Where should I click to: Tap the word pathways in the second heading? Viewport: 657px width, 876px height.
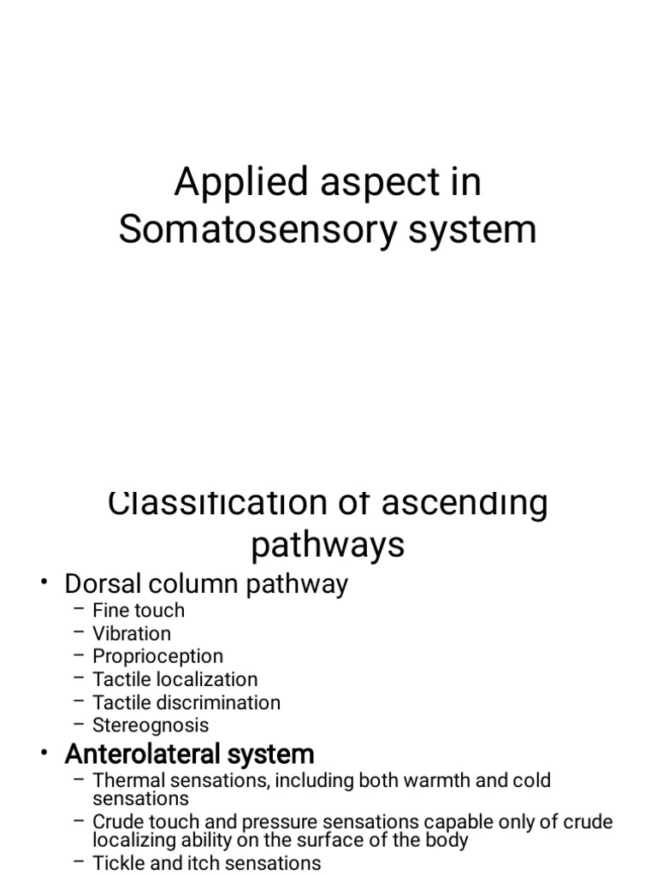[328, 545]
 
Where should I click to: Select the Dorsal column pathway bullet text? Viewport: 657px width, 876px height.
[206, 584]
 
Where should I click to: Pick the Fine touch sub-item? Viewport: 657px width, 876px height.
[139, 611]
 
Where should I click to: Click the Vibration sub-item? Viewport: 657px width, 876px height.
[132, 634]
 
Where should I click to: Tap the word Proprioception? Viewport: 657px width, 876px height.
[158, 657]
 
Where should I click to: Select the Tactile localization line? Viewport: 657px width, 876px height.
[175, 680]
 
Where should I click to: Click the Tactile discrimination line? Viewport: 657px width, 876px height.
[186, 703]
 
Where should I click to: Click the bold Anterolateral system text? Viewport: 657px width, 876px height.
[189, 755]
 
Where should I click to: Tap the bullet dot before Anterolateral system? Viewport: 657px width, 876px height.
[44, 754]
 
